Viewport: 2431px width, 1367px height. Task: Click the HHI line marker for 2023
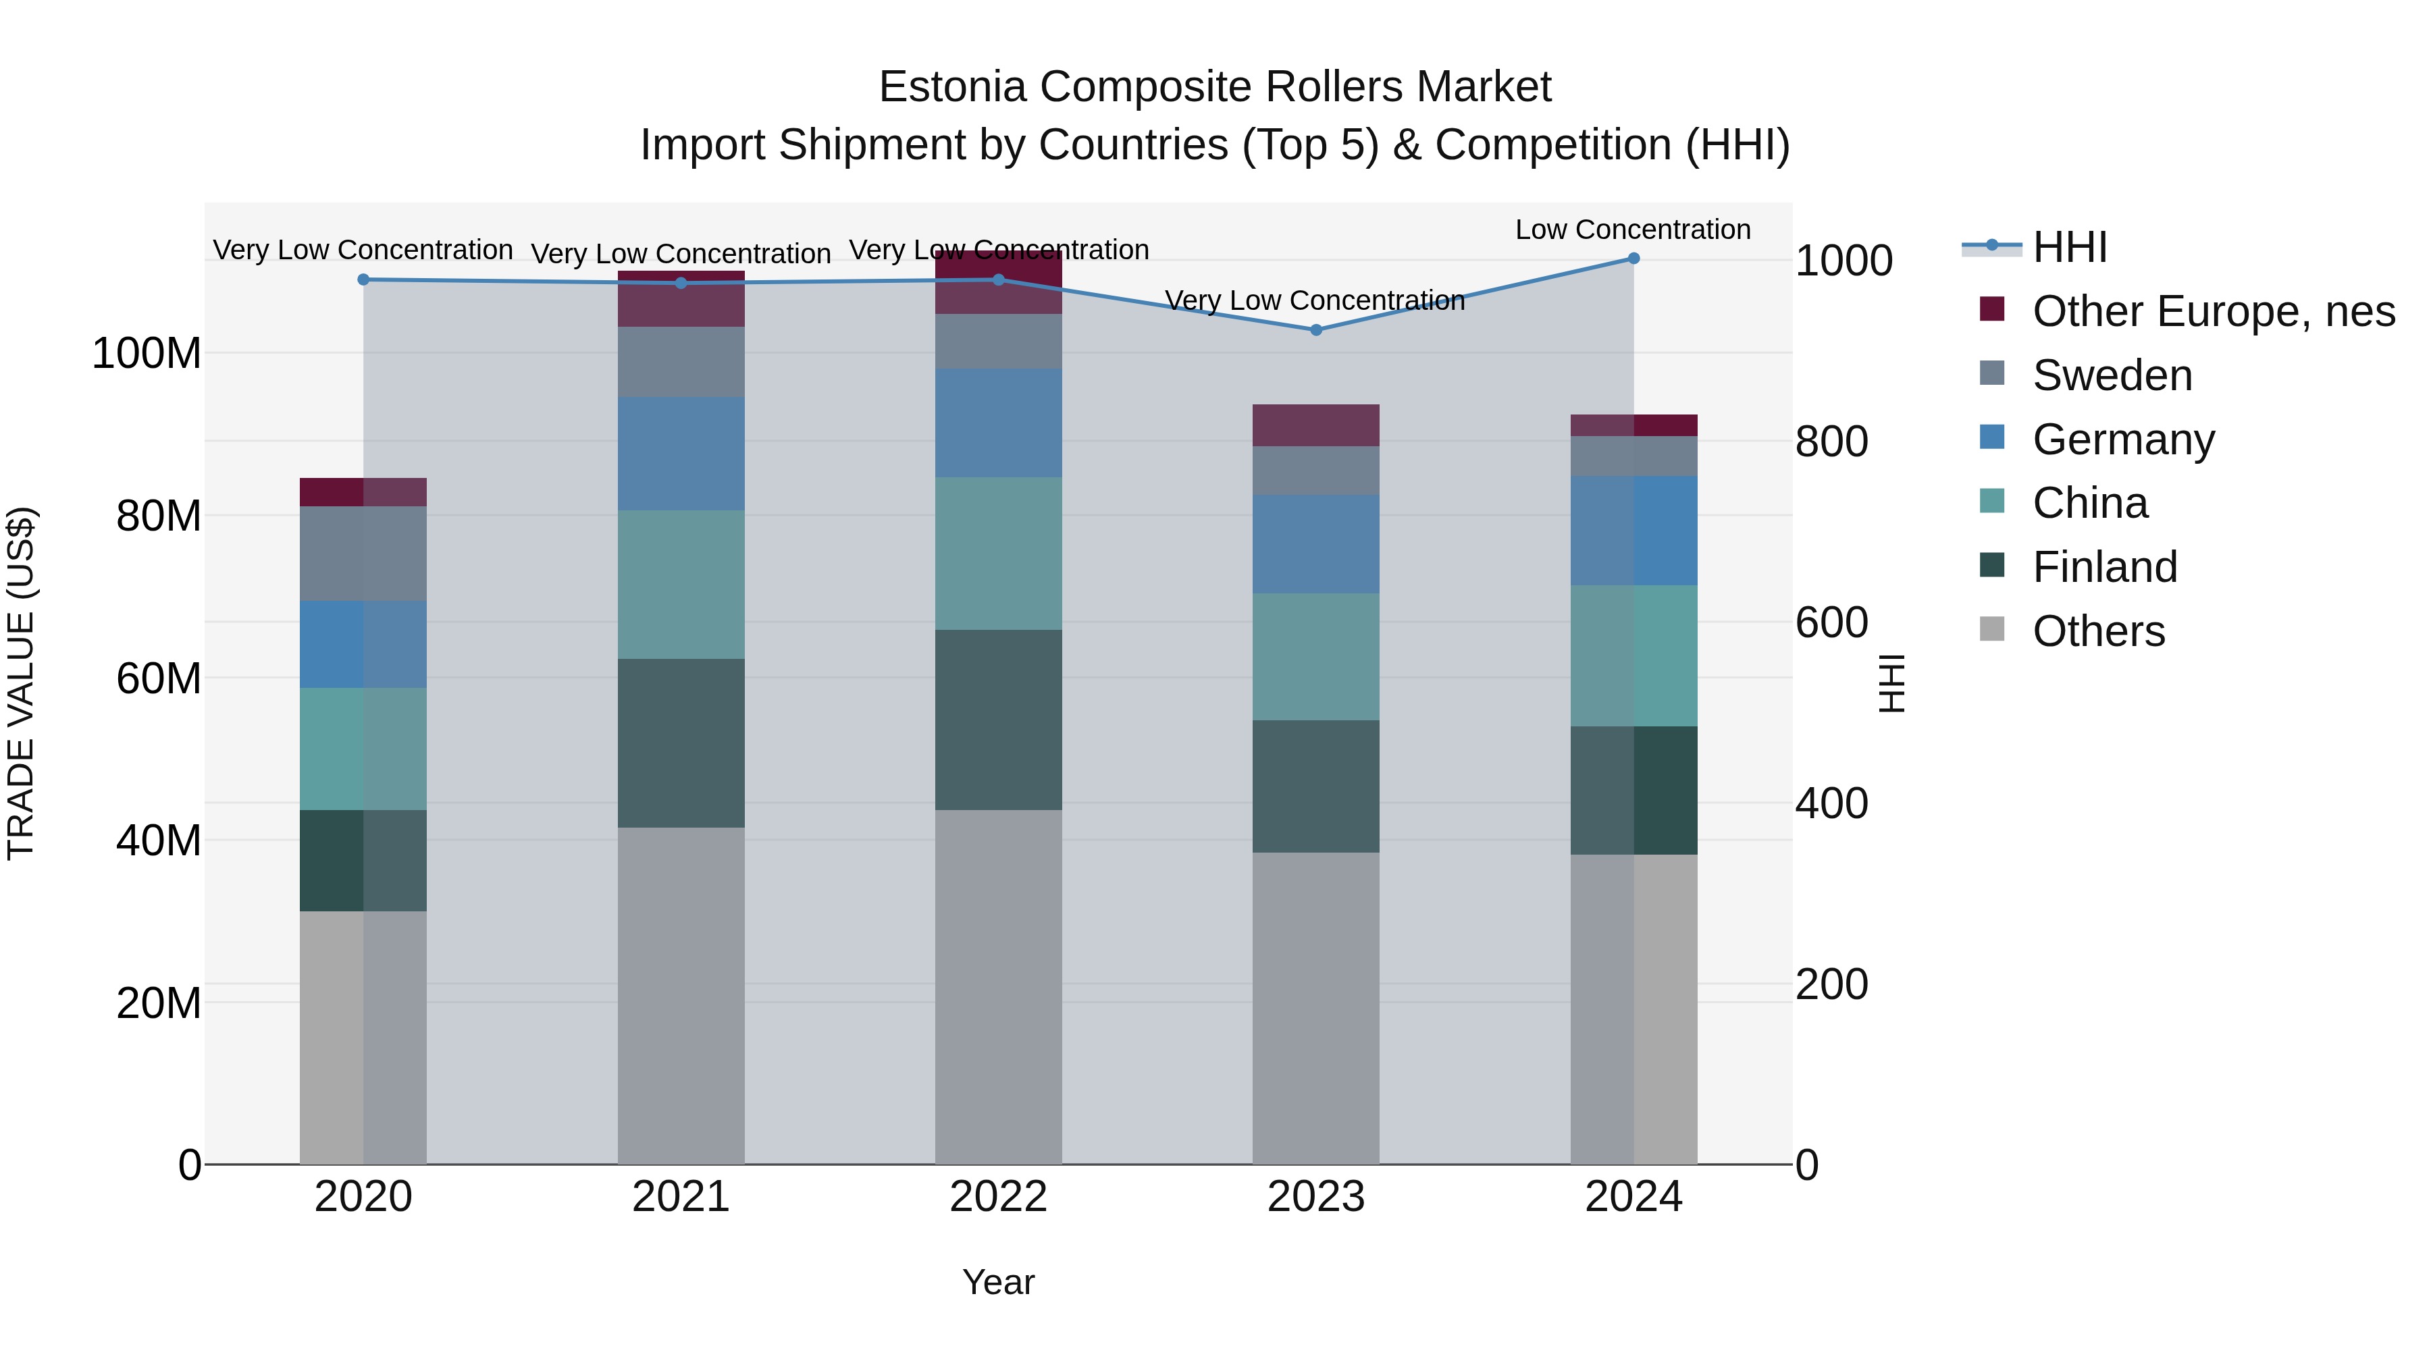click(1315, 330)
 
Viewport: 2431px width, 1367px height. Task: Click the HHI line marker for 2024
click(1633, 259)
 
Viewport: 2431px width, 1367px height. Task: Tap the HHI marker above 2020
click(363, 279)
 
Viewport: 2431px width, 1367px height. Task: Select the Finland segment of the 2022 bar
click(999, 720)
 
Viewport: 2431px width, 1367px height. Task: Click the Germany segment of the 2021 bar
click(681, 454)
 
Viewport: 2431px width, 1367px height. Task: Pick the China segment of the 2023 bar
click(1315, 657)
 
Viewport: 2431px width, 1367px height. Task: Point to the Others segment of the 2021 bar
click(681, 995)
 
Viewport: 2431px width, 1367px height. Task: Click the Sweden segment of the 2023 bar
click(1315, 470)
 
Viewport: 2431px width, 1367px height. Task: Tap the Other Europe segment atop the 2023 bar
click(1315, 425)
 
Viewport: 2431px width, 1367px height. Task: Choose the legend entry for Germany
click(2122, 439)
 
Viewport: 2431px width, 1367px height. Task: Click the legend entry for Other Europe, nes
click(2213, 311)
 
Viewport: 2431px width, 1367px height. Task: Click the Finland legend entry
click(2104, 567)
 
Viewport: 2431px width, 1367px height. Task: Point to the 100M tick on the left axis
click(147, 354)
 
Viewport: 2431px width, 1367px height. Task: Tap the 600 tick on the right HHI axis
click(1831, 622)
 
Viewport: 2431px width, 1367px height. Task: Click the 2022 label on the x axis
click(999, 1197)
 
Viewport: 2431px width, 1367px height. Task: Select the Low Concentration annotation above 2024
click(1633, 230)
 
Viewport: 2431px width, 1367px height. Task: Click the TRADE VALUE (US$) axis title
click(21, 683)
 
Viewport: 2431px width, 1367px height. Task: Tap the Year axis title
click(999, 1282)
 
